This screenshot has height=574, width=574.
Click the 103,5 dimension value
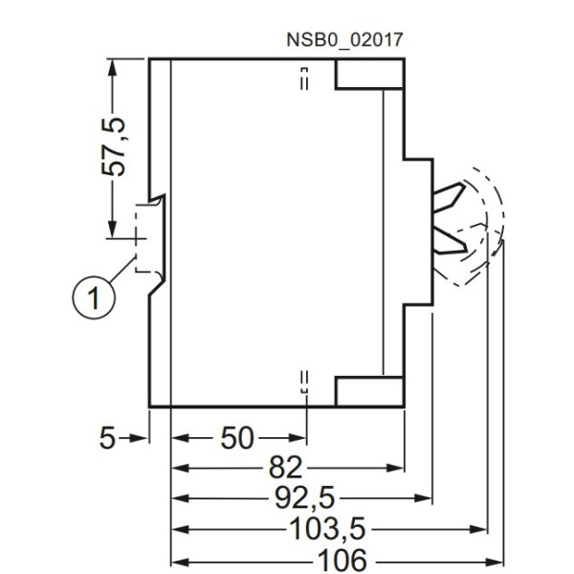tap(328, 528)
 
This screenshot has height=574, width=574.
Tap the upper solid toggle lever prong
tap(450, 201)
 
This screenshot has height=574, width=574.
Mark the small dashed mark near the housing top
tap(304, 78)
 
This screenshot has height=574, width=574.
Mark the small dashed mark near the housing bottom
tap(304, 381)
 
